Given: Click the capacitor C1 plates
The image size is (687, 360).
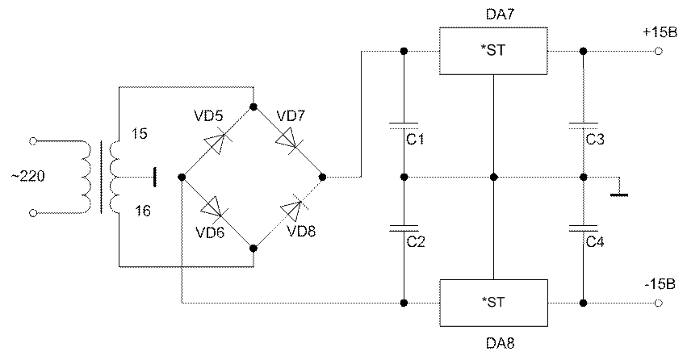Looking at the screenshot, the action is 404,126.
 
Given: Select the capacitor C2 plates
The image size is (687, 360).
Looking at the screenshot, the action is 404,228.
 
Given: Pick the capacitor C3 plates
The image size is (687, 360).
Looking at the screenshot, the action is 583,126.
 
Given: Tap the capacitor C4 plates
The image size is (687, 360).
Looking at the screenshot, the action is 583,228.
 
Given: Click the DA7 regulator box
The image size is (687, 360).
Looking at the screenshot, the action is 493,51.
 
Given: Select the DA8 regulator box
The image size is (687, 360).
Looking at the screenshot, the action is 493,303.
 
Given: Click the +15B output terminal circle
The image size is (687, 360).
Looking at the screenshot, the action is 658,51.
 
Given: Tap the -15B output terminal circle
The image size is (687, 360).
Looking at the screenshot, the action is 658,303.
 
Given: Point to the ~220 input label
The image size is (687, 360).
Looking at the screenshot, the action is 28,176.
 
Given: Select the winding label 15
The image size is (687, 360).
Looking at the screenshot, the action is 140,133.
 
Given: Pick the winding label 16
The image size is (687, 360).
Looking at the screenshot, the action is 142,211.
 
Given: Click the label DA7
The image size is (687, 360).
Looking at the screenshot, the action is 500,15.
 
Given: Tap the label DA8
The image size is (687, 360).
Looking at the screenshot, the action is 500,343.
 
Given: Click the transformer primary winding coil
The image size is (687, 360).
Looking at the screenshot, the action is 86,177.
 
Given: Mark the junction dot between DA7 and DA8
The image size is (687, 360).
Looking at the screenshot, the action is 494,177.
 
